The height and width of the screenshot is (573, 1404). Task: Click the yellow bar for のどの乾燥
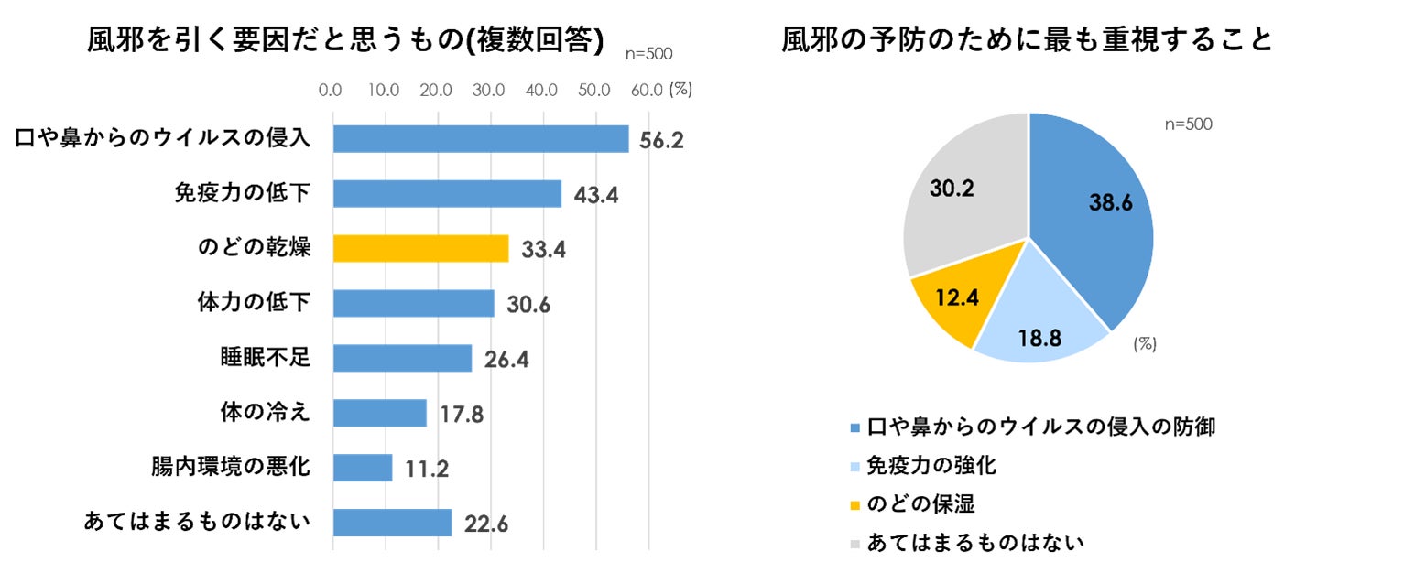(420, 248)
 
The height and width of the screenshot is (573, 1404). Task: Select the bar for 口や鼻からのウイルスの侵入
(480, 138)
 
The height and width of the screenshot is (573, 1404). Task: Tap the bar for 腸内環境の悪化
(363, 468)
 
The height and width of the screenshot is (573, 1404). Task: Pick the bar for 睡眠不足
(402, 358)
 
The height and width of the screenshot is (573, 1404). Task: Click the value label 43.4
(595, 195)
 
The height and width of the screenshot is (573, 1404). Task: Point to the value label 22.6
(485, 524)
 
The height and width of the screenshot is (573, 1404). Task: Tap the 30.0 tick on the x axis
(488, 90)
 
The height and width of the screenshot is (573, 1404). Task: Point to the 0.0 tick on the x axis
(331, 90)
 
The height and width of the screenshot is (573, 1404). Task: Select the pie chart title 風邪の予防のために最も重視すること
(1027, 40)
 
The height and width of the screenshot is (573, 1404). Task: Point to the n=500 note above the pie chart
(1188, 124)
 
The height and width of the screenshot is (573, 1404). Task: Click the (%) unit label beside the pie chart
(1145, 344)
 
